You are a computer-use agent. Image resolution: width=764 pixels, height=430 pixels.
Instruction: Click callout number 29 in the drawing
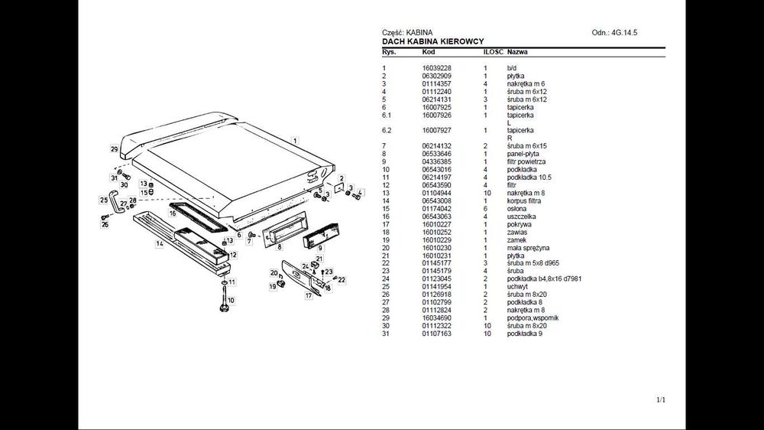coord(114,148)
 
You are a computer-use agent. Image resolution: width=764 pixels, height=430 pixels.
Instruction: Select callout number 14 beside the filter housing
coord(160,244)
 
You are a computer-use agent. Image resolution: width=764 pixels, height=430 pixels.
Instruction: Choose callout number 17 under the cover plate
coord(309,295)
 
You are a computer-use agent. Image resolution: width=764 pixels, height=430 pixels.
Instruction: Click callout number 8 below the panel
coord(280,247)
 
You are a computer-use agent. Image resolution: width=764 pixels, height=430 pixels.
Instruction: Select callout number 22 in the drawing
coord(342,280)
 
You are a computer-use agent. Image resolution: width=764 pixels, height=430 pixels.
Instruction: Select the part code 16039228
coord(437,68)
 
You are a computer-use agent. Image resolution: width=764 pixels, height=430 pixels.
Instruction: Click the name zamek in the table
coord(516,239)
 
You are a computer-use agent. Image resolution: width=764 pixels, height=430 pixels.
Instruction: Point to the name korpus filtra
coord(523,200)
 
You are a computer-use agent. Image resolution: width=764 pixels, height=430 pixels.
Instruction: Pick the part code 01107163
coord(437,334)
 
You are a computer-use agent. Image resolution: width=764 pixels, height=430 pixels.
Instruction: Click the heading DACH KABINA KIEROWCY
coord(432,41)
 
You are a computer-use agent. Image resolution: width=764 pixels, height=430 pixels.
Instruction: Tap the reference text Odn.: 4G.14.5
coord(614,33)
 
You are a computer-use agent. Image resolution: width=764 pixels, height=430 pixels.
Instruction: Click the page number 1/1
coord(661,400)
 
